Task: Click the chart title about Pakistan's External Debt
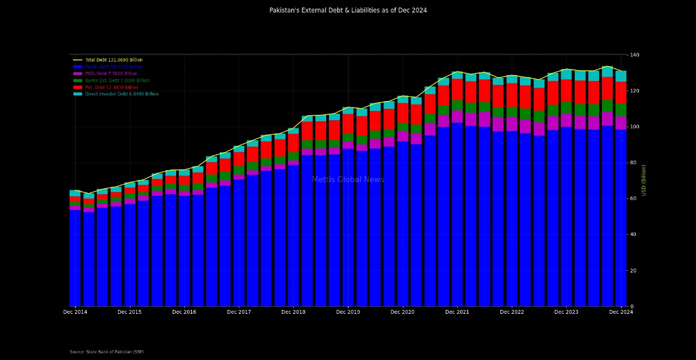(348, 10)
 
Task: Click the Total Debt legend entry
(113, 60)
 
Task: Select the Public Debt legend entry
(113, 67)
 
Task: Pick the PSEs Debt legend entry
(111, 73)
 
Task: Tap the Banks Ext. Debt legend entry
(117, 80)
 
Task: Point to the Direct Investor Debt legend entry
(121, 94)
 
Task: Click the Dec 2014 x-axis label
(75, 312)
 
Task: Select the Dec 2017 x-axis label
(239, 312)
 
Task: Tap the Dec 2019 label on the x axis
(348, 312)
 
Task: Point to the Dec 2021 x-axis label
(457, 312)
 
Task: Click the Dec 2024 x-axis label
(620, 312)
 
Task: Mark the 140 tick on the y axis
(635, 55)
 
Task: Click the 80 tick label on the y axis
(633, 163)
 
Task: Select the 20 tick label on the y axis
(633, 271)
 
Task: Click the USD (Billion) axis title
(644, 180)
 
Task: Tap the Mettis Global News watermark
(348, 180)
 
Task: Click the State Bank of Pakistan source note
(107, 352)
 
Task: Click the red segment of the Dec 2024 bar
(620, 92)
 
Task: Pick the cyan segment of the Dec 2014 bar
(75, 193)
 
